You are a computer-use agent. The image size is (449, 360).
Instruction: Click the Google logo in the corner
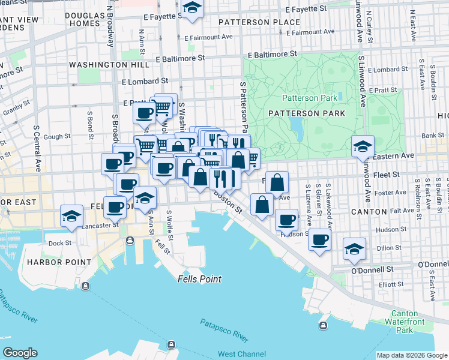20,353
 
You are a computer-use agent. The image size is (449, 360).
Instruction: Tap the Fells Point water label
199,279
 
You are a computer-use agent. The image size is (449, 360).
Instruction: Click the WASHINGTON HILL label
101,64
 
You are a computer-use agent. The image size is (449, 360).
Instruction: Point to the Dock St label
59,243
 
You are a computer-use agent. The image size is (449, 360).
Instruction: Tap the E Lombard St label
144,80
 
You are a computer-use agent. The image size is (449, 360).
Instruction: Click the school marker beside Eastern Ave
363,146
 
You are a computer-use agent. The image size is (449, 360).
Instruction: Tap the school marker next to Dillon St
354,248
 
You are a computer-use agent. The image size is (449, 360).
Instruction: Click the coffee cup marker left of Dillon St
319,240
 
